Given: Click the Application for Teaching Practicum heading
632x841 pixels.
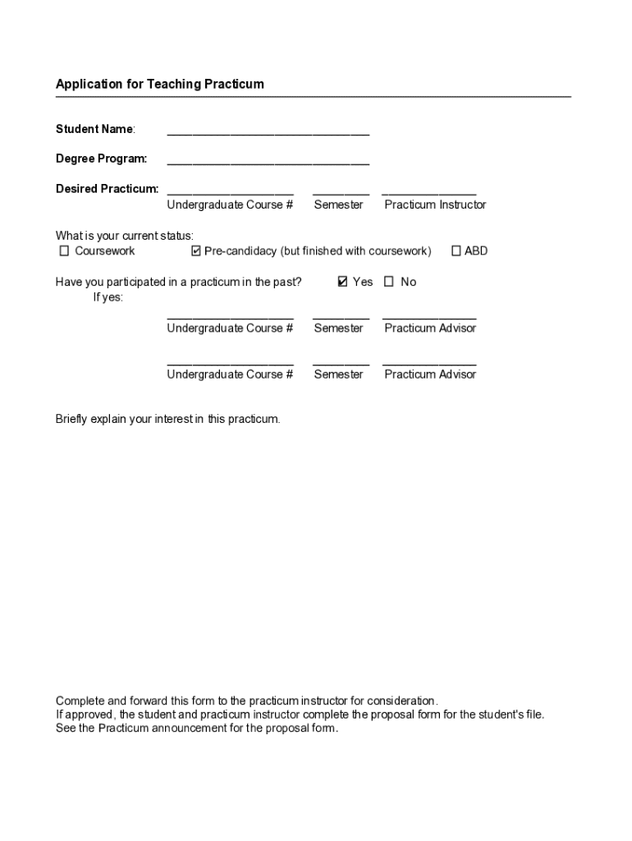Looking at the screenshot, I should [160, 85].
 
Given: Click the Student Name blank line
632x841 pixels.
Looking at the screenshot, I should [268, 132].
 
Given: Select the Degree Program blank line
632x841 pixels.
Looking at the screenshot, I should [268, 162].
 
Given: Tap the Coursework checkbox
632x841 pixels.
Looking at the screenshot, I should [64, 251].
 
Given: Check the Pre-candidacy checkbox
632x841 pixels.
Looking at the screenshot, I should [196, 251].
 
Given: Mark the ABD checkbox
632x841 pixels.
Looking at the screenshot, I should [456, 251].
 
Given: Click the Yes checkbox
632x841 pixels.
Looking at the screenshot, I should [342, 282].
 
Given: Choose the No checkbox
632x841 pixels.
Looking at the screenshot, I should [389, 282].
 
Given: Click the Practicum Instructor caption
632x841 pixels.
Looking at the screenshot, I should [435, 205].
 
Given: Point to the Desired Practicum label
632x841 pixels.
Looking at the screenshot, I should [107, 189].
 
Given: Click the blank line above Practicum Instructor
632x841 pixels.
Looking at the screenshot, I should [429, 191].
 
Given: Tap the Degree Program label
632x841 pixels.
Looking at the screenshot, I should [102, 159].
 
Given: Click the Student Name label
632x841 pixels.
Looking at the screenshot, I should [95, 129].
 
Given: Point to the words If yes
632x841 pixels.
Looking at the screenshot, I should [108, 297].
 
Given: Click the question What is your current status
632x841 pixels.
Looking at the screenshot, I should [125, 237].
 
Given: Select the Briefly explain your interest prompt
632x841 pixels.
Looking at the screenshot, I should [167, 419].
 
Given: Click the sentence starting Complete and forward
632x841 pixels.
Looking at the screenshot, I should [246, 701].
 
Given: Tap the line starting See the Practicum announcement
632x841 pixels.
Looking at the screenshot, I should [196, 728].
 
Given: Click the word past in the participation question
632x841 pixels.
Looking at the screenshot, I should [288, 283].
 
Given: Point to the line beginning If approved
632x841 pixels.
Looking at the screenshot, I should [300, 715].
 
